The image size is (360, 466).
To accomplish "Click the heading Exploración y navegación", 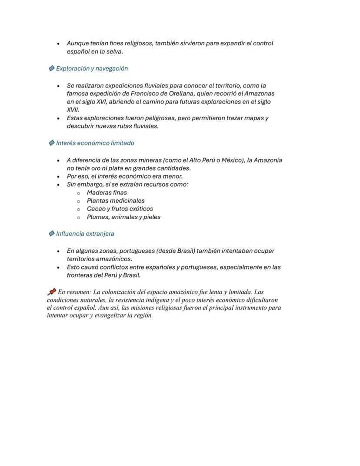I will [92, 68].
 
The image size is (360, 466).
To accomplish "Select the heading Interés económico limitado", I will [95, 143].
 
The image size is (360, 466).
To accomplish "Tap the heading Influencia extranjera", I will [85, 234].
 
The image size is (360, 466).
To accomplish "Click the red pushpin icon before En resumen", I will [51, 292].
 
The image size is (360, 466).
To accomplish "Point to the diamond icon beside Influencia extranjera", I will [51, 234].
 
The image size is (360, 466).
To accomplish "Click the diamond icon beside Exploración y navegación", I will [51, 68].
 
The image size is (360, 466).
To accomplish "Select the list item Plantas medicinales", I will [115, 201].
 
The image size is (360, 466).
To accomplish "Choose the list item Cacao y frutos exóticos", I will [120, 208].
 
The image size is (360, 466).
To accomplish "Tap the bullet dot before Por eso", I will [58, 177].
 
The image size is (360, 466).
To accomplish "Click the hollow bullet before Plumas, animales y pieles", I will [78, 217].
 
